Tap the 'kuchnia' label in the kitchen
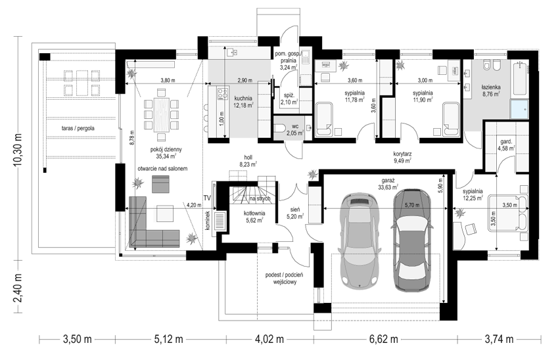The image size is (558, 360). tap(243, 98)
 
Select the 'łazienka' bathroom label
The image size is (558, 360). tap(491, 87)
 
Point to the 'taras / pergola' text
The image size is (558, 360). tap(78, 128)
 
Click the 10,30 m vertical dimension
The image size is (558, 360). tap(18, 148)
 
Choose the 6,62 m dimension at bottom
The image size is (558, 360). tap(383, 339)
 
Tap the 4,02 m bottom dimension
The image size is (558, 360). tap(269, 339)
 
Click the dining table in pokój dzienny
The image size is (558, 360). tap(161, 114)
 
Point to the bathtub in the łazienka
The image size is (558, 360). tap(521, 79)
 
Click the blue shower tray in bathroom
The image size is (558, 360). tap(520, 109)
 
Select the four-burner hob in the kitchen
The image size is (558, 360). tap(223, 94)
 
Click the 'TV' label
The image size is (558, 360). tap(207, 198)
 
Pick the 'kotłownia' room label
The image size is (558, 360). tap(254, 213)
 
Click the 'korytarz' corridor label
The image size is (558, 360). tap(402, 154)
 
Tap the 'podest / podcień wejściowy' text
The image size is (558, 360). tap(284, 278)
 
